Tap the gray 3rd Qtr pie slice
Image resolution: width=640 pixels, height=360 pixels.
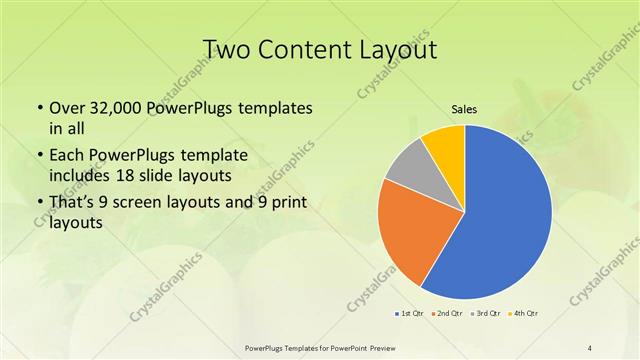click(410, 174)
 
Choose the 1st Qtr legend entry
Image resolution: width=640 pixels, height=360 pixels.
click(411, 315)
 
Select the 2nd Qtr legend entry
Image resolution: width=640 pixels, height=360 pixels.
click(446, 315)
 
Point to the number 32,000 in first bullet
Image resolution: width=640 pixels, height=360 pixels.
click(115, 107)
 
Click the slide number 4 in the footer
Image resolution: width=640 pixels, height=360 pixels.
click(590, 347)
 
